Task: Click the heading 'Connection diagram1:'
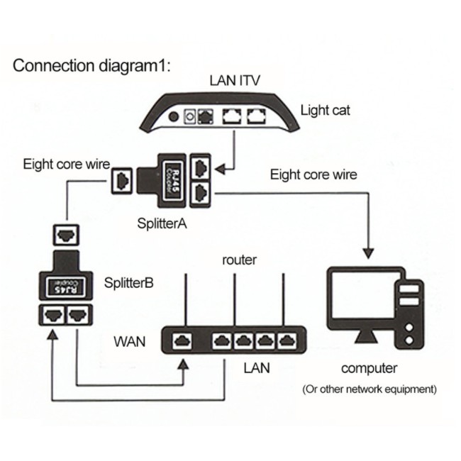pyautogui.click(x=92, y=67)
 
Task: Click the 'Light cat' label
pyautogui.click(x=326, y=110)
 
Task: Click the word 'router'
pyautogui.click(x=239, y=260)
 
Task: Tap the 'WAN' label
pyautogui.click(x=130, y=342)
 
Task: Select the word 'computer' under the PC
pyautogui.click(x=370, y=368)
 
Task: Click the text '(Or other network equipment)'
pyautogui.click(x=370, y=389)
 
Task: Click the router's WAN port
pyautogui.click(x=182, y=340)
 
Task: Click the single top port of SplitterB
pyautogui.click(x=66, y=232)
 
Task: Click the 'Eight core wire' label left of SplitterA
pyautogui.click(x=66, y=165)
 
